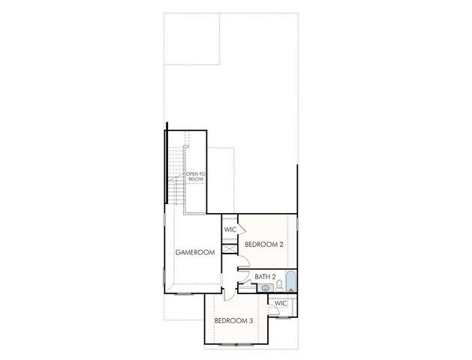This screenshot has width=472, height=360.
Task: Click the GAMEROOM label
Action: click(195, 253)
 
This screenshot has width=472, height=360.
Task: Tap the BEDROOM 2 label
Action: click(263, 244)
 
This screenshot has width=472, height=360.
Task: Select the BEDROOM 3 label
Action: click(233, 321)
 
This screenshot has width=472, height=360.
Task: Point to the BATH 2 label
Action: click(266, 277)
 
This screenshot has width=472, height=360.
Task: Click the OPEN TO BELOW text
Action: click(196, 181)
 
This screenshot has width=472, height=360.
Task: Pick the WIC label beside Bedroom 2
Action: click(230, 229)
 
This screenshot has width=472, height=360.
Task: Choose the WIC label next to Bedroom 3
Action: click(281, 303)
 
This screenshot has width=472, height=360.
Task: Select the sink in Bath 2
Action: click(265, 288)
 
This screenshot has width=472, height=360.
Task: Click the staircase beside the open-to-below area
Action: click(175, 176)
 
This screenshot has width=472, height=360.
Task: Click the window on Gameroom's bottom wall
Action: click(183, 293)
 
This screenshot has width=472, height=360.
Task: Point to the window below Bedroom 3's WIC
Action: click(284, 316)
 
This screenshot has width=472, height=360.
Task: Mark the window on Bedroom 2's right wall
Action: click(297, 224)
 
